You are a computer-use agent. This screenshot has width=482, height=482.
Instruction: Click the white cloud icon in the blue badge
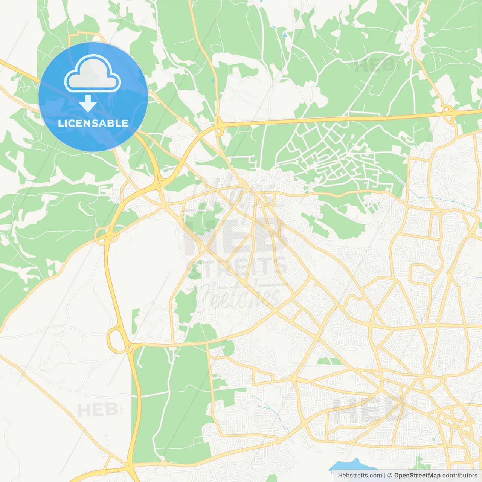click(92, 74)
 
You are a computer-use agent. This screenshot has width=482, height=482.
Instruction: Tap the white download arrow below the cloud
click(88, 104)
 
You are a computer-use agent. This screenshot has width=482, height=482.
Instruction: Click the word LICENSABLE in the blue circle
click(93, 124)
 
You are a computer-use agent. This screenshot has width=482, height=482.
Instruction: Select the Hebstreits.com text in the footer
click(360, 476)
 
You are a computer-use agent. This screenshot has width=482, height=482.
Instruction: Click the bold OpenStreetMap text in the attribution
click(417, 476)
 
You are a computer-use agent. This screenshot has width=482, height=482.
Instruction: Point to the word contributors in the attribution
click(460, 476)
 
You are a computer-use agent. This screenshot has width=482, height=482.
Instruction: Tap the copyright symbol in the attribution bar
click(390, 476)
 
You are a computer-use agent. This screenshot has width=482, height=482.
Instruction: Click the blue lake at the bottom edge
click(350, 465)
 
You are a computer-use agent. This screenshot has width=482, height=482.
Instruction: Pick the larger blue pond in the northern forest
click(285, 35)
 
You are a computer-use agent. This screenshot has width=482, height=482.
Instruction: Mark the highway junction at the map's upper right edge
click(448, 113)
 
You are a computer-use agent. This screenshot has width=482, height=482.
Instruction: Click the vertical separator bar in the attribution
click(384, 476)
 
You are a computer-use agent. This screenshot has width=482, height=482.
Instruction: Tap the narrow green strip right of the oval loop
click(135, 320)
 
